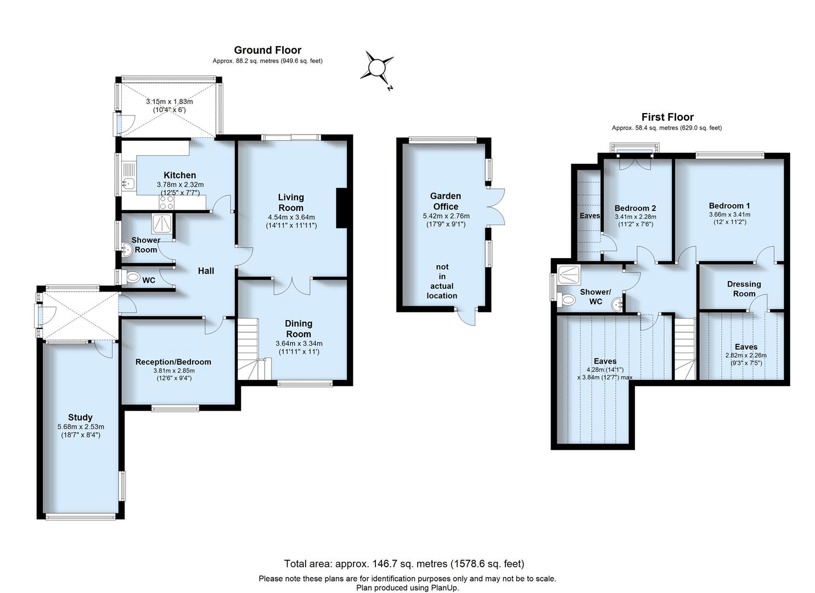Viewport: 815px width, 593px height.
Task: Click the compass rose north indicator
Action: pyautogui.click(x=378, y=68)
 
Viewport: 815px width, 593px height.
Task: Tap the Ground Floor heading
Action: pyautogui.click(x=267, y=50)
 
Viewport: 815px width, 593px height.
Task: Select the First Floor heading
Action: pyautogui.click(x=667, y=117)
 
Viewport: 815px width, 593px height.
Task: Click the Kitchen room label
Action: pyautogui.click(x=179, y=175)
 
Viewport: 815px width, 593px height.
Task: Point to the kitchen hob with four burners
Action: pyautogui.click(x=166, y=203)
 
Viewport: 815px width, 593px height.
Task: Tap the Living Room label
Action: pyautogui.click(x=290, y=202)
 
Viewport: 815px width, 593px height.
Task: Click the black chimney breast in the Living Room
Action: pyautogui.click(x=341, y=208)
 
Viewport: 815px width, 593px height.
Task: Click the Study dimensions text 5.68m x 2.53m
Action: pyautogui.click(x=81, y=427)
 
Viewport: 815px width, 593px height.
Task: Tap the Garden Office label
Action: pyautogui.click(x=445, y=201)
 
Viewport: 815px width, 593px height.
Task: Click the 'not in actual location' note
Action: pyautogui.click(x=442, y=281)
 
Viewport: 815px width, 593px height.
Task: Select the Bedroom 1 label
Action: pyautogui.click(x=729, y=206)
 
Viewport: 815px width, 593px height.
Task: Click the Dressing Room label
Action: pyautogui.click(x=744, y=288)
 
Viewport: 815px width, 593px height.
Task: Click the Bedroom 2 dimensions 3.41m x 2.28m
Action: pyautogui.click(x=635, y=216)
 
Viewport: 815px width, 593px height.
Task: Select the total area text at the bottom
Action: pyautogui.click(x=404, y=563)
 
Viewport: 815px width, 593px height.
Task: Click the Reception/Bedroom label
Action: pyautogui.click(x=173, y=362)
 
